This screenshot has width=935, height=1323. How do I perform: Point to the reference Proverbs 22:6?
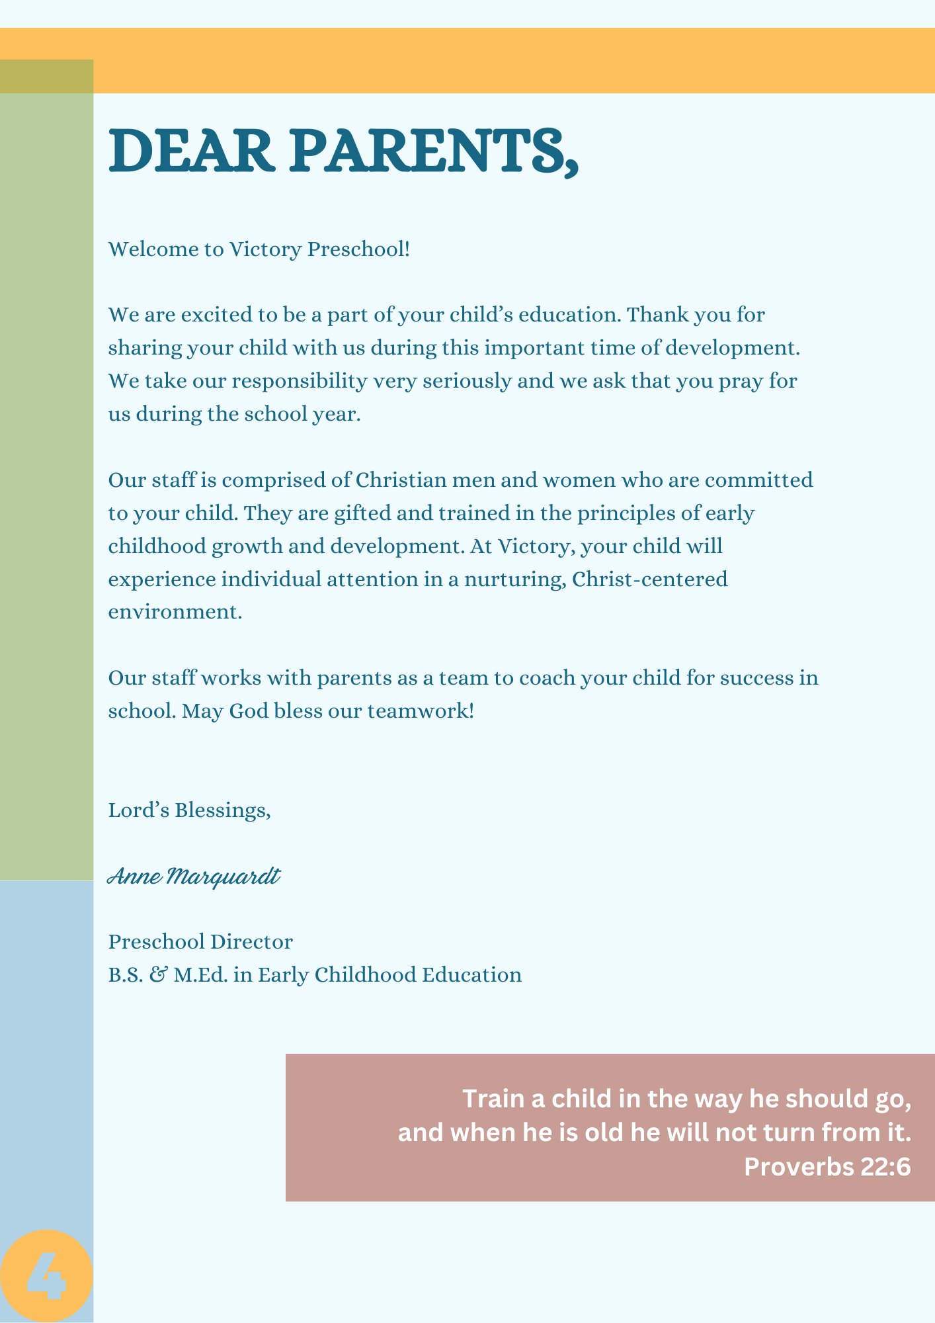tap(827, 1167)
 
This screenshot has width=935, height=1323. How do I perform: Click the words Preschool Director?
tap(200, 941)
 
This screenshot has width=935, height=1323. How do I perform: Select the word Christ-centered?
tap(649, 579)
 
